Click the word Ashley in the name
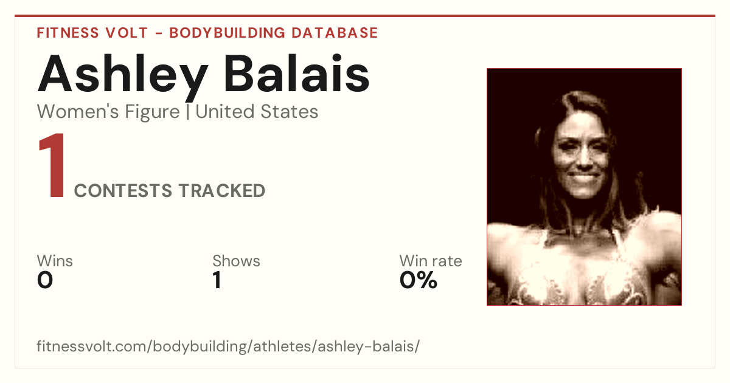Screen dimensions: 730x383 coord(122,77)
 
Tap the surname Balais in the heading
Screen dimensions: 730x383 coord(297,73)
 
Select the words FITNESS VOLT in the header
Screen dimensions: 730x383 coord(92,33)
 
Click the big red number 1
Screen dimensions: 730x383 coord(52,165)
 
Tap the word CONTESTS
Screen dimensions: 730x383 coord(123,190)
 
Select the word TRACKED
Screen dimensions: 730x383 coord(222,190)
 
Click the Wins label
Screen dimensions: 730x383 coord(55,261)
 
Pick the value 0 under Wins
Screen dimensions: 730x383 coord(45,280)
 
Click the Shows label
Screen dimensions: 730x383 coord(236,261)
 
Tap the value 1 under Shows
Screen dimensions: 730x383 coord(217,280)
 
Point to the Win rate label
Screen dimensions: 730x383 coord(431,261)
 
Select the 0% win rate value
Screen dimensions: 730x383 coord(419,280)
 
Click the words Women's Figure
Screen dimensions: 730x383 coord(108,112)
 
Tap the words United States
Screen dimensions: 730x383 coord(257,112)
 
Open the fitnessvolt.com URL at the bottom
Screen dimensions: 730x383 coord(228,346)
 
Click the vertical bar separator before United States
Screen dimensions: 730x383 coord(188,112)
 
